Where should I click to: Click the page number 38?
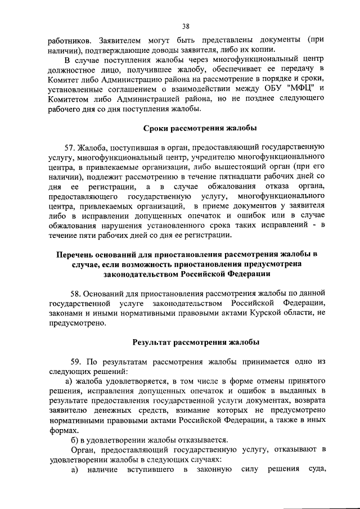pyautogui.click(x=185, y=25)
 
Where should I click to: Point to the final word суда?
pyautogui.click(x=313, y=470)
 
